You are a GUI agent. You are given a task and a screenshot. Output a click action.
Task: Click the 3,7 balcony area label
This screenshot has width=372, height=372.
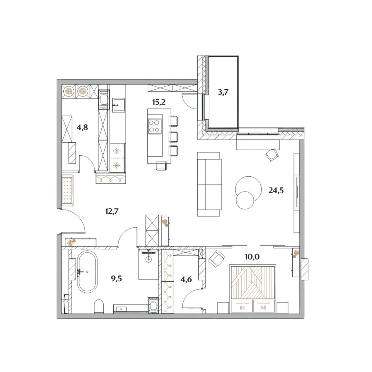[223, 92]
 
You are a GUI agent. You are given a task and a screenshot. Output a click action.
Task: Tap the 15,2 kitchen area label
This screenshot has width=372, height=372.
[159, 102]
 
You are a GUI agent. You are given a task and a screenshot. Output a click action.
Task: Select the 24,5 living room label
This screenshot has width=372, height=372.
[276, 190]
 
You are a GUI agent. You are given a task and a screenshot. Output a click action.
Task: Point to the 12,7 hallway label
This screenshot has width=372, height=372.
[112, 211]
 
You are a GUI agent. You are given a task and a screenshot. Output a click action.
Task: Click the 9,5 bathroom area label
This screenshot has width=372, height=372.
[116, 278]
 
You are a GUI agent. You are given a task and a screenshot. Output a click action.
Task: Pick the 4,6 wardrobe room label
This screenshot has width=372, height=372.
[186, 279]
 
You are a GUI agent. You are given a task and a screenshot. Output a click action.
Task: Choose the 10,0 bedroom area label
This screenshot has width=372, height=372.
[252, 257]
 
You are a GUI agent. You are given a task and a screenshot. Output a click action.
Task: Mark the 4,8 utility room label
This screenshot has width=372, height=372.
[82, 128]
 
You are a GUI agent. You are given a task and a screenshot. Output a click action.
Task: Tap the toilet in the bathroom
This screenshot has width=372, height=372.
[99, 306]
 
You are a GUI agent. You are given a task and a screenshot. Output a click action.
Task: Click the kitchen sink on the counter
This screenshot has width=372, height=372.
[118, 105]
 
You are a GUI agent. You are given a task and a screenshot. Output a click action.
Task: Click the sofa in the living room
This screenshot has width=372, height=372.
[209, 184]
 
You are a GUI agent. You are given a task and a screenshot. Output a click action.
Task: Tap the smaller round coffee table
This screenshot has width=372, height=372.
[245, 200]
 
